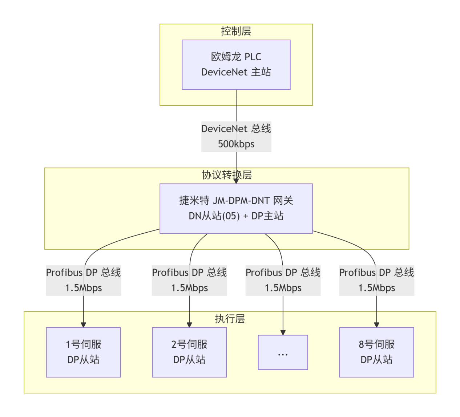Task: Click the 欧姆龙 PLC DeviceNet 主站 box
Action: click(236, 65)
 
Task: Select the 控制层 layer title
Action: click(236, 31)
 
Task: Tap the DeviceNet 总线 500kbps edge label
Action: click(236, 136)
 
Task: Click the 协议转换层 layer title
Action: click(227, 175)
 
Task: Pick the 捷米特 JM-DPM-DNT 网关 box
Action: click(236, 208)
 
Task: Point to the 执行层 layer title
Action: click(230, 319)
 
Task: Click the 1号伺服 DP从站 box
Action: click(83, 352)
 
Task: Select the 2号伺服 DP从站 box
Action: click(189, 352)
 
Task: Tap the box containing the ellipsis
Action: click(283, 352)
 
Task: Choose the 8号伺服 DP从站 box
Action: click(376, 352)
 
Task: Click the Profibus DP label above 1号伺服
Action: click(83, 280)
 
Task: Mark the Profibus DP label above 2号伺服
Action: click(189, 280)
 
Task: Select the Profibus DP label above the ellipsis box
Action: click(283, 280)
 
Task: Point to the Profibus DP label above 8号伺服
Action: click(376, 280)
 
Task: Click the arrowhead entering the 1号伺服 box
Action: click(83, 325)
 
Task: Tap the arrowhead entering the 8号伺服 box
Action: click(376, 325)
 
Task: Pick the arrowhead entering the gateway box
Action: click(236, 181)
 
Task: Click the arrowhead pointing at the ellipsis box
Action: click(283, 332)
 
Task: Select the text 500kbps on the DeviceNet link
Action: click(236, 144)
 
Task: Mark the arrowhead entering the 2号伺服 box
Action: click(189, 325)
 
